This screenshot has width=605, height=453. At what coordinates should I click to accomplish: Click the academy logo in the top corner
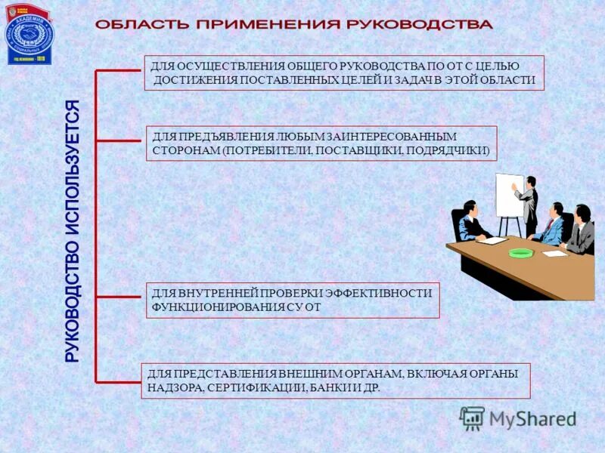tap(30, 33)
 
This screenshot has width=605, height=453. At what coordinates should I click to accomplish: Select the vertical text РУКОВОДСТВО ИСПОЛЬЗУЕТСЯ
tap(73, 231)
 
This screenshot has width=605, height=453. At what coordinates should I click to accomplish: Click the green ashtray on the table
tap(520, 252)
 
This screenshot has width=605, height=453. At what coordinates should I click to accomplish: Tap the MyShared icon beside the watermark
tap(472, 418)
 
